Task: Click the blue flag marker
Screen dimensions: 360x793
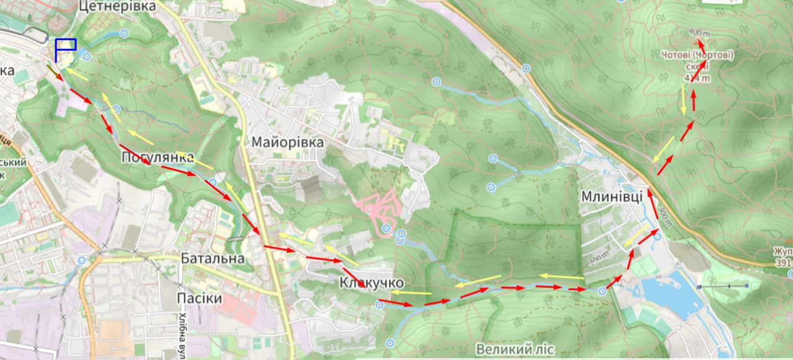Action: [65, 45]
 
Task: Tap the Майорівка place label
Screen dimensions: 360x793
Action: [287, 142]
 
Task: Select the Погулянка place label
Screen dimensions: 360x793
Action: [157, 157]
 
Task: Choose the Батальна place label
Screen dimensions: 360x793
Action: [212, 258]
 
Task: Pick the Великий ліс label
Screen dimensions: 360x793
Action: [515, 349]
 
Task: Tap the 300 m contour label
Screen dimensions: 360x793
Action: [665, 216]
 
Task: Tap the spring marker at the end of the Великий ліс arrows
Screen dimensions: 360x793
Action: [602, 291]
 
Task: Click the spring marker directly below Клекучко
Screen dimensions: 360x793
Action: [380, 304]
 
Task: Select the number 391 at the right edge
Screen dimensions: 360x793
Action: [784, 263]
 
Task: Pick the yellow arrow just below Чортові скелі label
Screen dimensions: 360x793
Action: [684, 99]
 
